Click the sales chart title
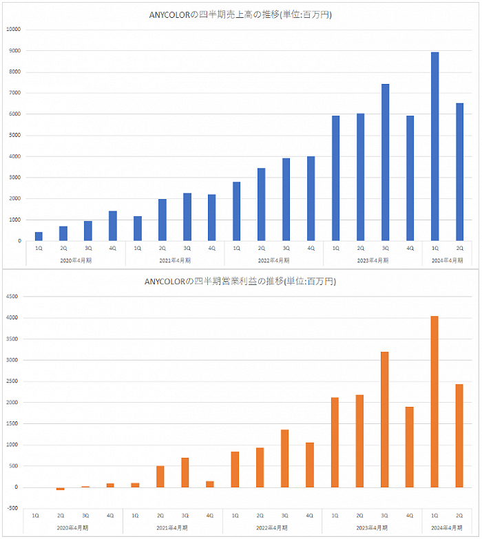pos(240,14)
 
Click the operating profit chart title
pos(240,282)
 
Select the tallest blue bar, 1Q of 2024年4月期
pos(434,147)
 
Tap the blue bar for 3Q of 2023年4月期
pos(385,162)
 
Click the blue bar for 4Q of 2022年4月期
pos(311,198)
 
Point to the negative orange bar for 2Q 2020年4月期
pos(61,489)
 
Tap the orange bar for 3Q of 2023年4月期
pos(384,419)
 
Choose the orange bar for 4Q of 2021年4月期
pos(210,484)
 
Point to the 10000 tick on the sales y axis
pos(14,30)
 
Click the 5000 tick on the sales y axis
pos(15,136)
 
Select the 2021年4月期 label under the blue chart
pos(175,260)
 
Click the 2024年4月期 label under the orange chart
pos(446,528)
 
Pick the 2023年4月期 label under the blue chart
pos(373,260)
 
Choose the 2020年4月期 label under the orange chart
pos(74,528)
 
